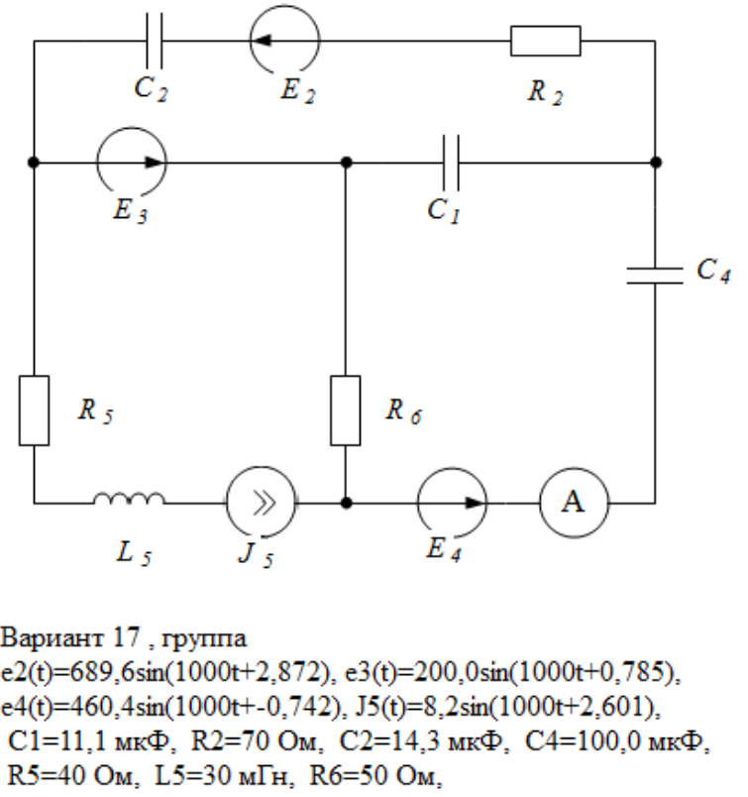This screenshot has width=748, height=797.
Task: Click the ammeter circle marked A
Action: click(573, 503)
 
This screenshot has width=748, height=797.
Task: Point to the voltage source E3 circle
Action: click(132, 162)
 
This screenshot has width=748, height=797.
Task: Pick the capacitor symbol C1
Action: click(451, 162)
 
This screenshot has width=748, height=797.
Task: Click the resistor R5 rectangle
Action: click(34, 409)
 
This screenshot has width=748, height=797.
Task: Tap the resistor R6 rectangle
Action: click(345, 409)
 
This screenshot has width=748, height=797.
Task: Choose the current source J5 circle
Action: click(261, 503)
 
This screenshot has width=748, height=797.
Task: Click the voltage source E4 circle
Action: click(453, 503)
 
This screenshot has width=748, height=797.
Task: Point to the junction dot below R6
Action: click(345, 503)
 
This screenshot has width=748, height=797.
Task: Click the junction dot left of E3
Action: click(34, 162)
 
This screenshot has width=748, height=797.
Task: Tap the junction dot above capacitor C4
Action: click(655, 162)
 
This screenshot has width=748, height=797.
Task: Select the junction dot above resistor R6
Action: click(345, 162)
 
